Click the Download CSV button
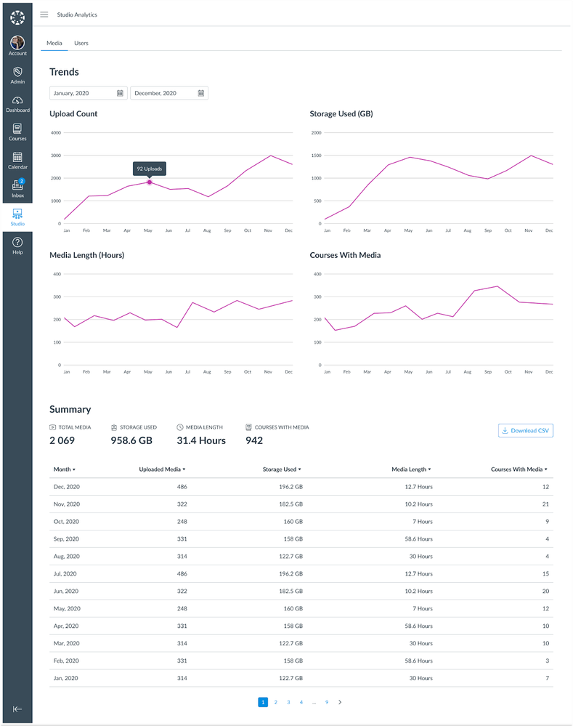(x=526, y=430)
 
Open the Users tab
(x=81, y=44)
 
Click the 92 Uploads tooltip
(x=150, y=169)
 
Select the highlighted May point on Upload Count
(x=150, y=182)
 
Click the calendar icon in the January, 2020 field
(x=120, y=93)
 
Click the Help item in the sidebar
(x=17, y=245)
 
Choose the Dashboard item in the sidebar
(x=17, y=104)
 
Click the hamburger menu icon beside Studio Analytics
(x=44, y=15)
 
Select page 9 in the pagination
(x=327, y=702)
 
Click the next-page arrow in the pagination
(x=340, y=702)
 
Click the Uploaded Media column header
(x=162, y=469)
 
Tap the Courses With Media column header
(x=519, y=469)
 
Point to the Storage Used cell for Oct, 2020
(x=291, y=521)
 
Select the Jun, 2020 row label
(x=67, y=591)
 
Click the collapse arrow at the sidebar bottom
(x=17, y=709)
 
